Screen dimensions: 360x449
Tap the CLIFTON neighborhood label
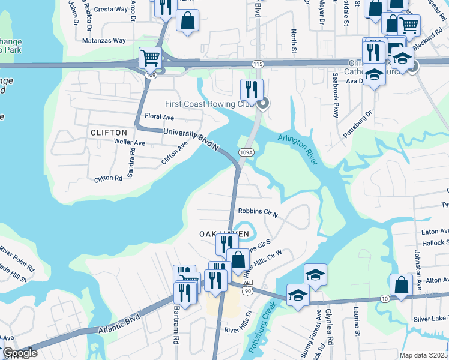click(x=109, y=133)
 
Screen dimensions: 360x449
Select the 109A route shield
click(x=246, y=153)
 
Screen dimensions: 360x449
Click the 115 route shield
click(x=258, y=64)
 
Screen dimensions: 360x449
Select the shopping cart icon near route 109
click(x=150, y=58)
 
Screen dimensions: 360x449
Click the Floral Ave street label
click(x=160, y=117)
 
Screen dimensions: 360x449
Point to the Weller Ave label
click(x=130, y=143)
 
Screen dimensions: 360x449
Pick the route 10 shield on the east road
click(x=384, y=298)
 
